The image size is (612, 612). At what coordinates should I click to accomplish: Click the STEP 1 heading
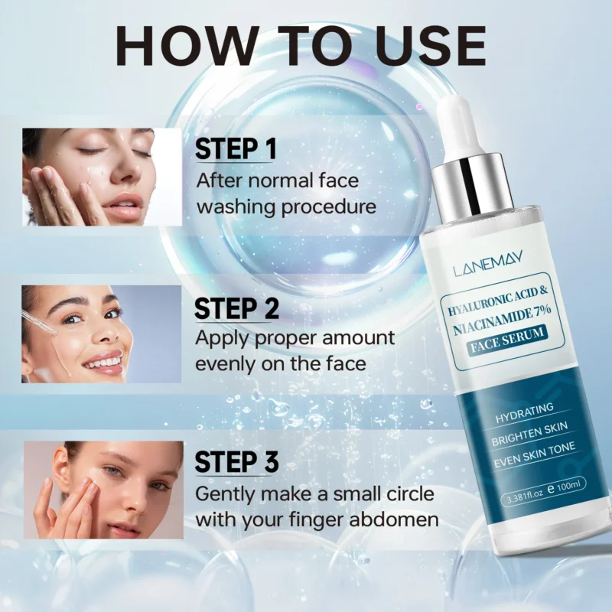coord(236,148)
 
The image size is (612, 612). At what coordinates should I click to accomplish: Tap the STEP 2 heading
coord(236,308)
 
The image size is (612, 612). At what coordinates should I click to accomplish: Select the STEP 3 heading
coord(236,462)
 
